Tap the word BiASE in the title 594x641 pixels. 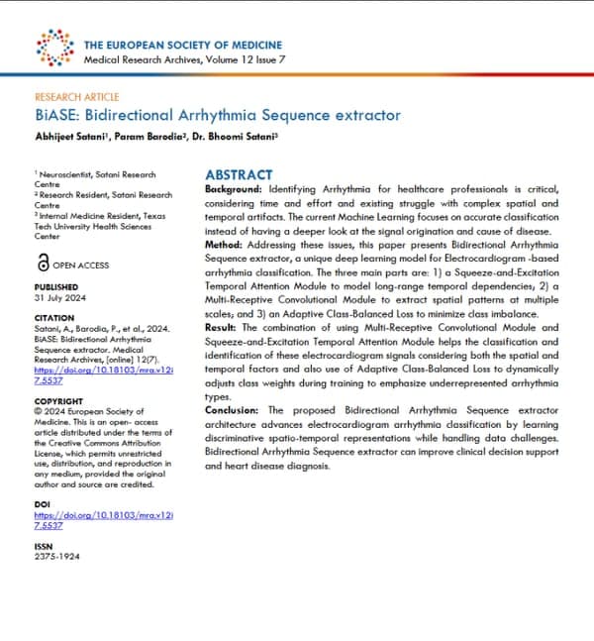click(53, 115)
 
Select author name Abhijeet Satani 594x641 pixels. click(71, 137)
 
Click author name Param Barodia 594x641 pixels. click(152, 137)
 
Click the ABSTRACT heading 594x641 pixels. click(241, 171)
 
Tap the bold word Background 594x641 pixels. click(234, 188)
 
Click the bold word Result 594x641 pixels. click(223, 326)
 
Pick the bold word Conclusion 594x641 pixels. click(233, 409)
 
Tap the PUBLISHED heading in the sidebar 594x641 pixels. click(55, 287)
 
